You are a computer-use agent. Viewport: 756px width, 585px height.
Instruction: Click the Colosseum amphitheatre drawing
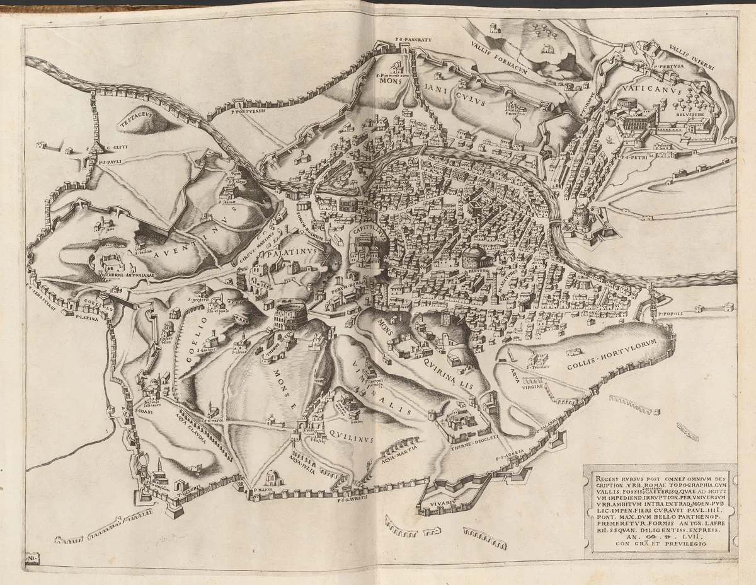click(x=290, y=313)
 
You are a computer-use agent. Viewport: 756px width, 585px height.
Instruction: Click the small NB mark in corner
click(x=31, y=559)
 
